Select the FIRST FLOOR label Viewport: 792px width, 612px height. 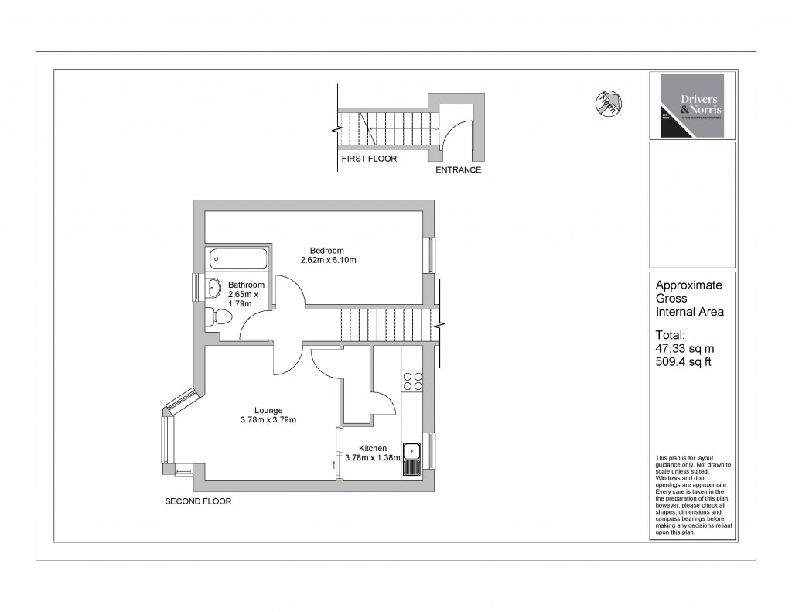(368, 159)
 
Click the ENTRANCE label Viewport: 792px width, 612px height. (459, 169)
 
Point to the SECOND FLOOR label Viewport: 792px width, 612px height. (198, 501)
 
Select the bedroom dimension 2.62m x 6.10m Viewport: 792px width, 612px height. (328, 260)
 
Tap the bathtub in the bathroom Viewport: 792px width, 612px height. (238, 258)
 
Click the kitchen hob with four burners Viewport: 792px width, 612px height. (412, 381)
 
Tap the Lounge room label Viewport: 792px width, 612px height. (268, 410)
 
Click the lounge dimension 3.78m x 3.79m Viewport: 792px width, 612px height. (268, 420)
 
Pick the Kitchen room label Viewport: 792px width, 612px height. (372, 448)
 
